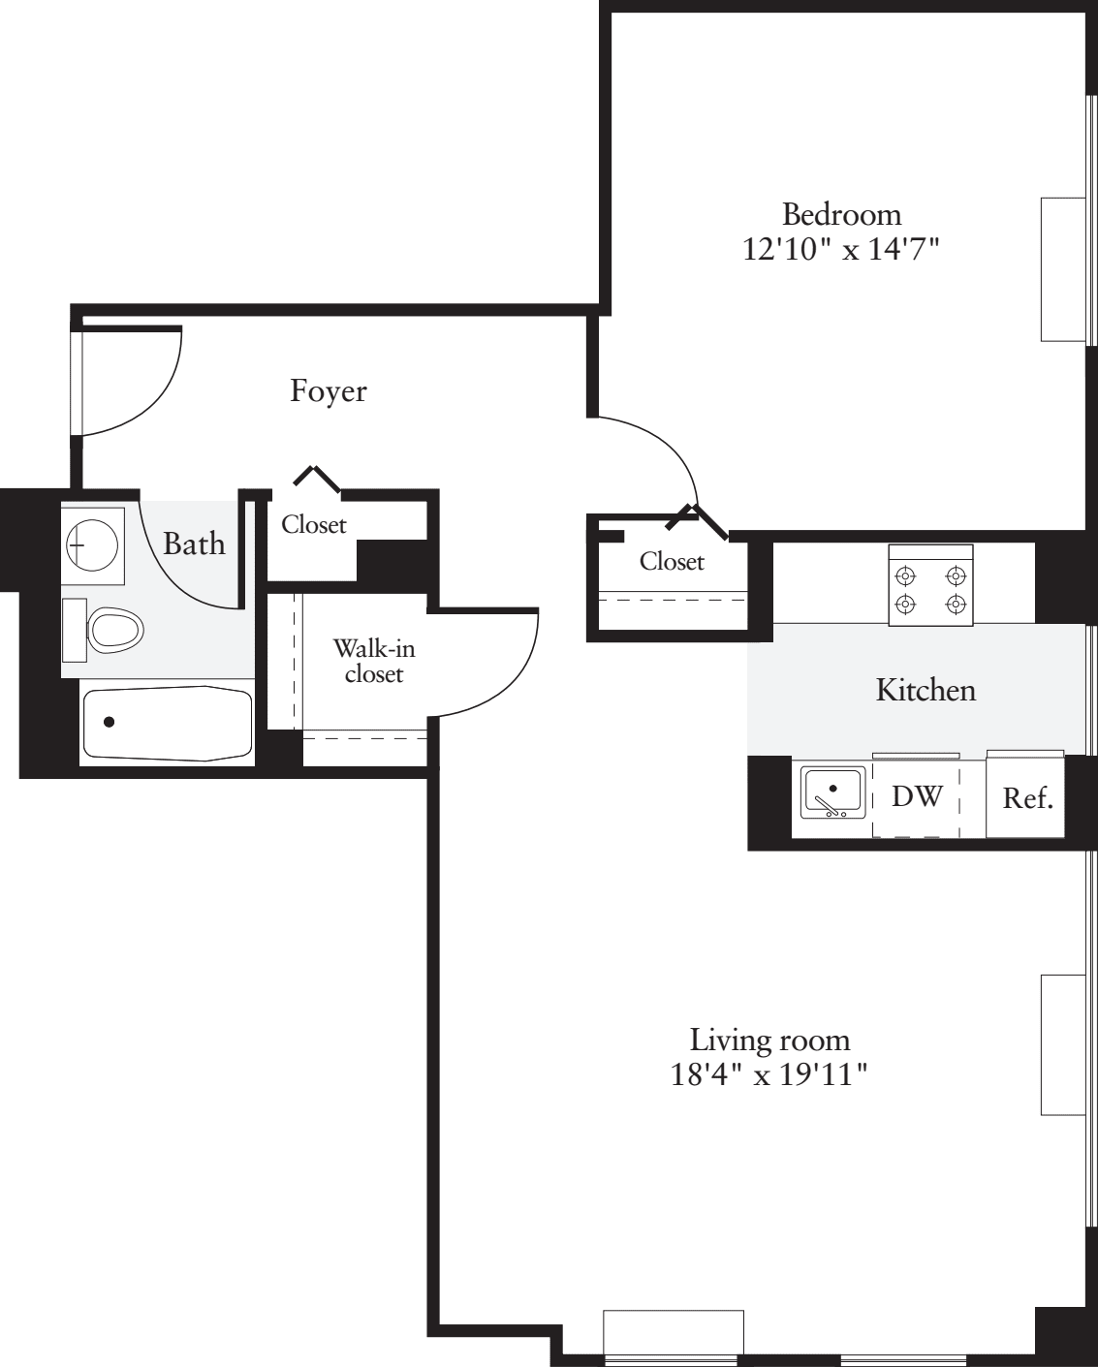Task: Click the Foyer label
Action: (329, 391)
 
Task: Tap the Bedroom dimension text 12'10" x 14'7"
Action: (840, 250)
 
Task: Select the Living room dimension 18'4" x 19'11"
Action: (769, 1075)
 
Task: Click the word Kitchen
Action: (925, 690)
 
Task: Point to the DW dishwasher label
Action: (917, 796)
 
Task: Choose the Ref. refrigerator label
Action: (1028, 798)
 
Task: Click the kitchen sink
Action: (833, 792)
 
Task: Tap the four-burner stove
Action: (931, 585)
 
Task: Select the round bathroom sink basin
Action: (93, 545)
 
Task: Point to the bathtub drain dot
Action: (110, 722)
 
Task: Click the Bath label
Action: (195, 544)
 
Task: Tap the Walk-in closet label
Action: (374, 662)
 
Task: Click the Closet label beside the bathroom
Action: (314, 525)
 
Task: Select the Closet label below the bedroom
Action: (672, 562)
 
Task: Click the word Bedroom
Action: (841, 215)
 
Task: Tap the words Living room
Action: (770, 1041)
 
